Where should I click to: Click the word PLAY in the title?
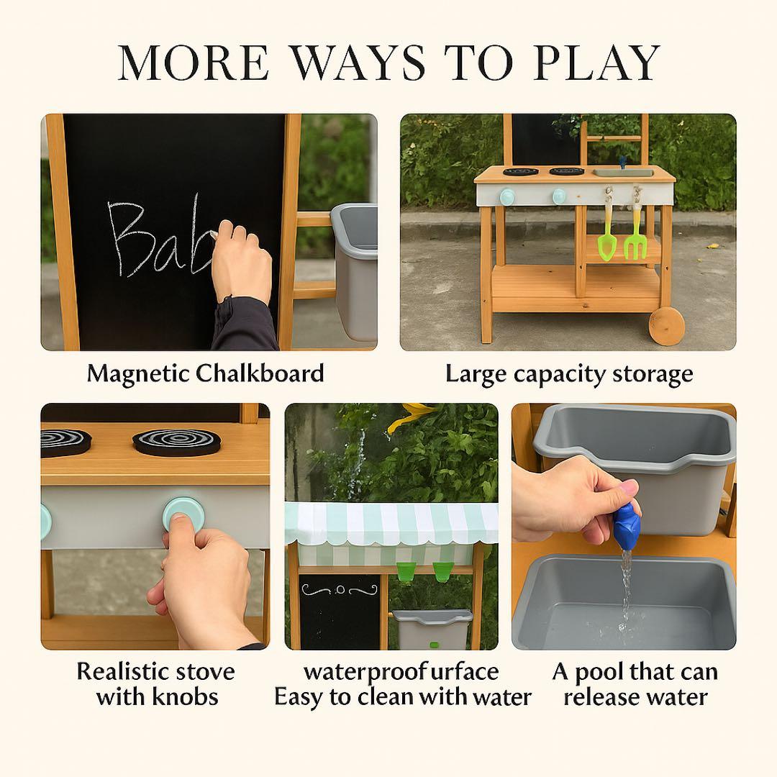(596, 63)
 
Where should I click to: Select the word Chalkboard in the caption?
(260, 373)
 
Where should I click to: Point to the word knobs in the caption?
(186, 696)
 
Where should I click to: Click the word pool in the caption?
(599, 673)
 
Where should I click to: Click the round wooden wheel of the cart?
(666, 326)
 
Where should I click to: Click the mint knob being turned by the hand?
(183, 516)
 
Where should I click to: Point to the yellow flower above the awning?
(409, 417)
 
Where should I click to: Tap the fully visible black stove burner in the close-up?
(177, 442)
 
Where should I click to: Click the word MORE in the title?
(194, 63)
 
